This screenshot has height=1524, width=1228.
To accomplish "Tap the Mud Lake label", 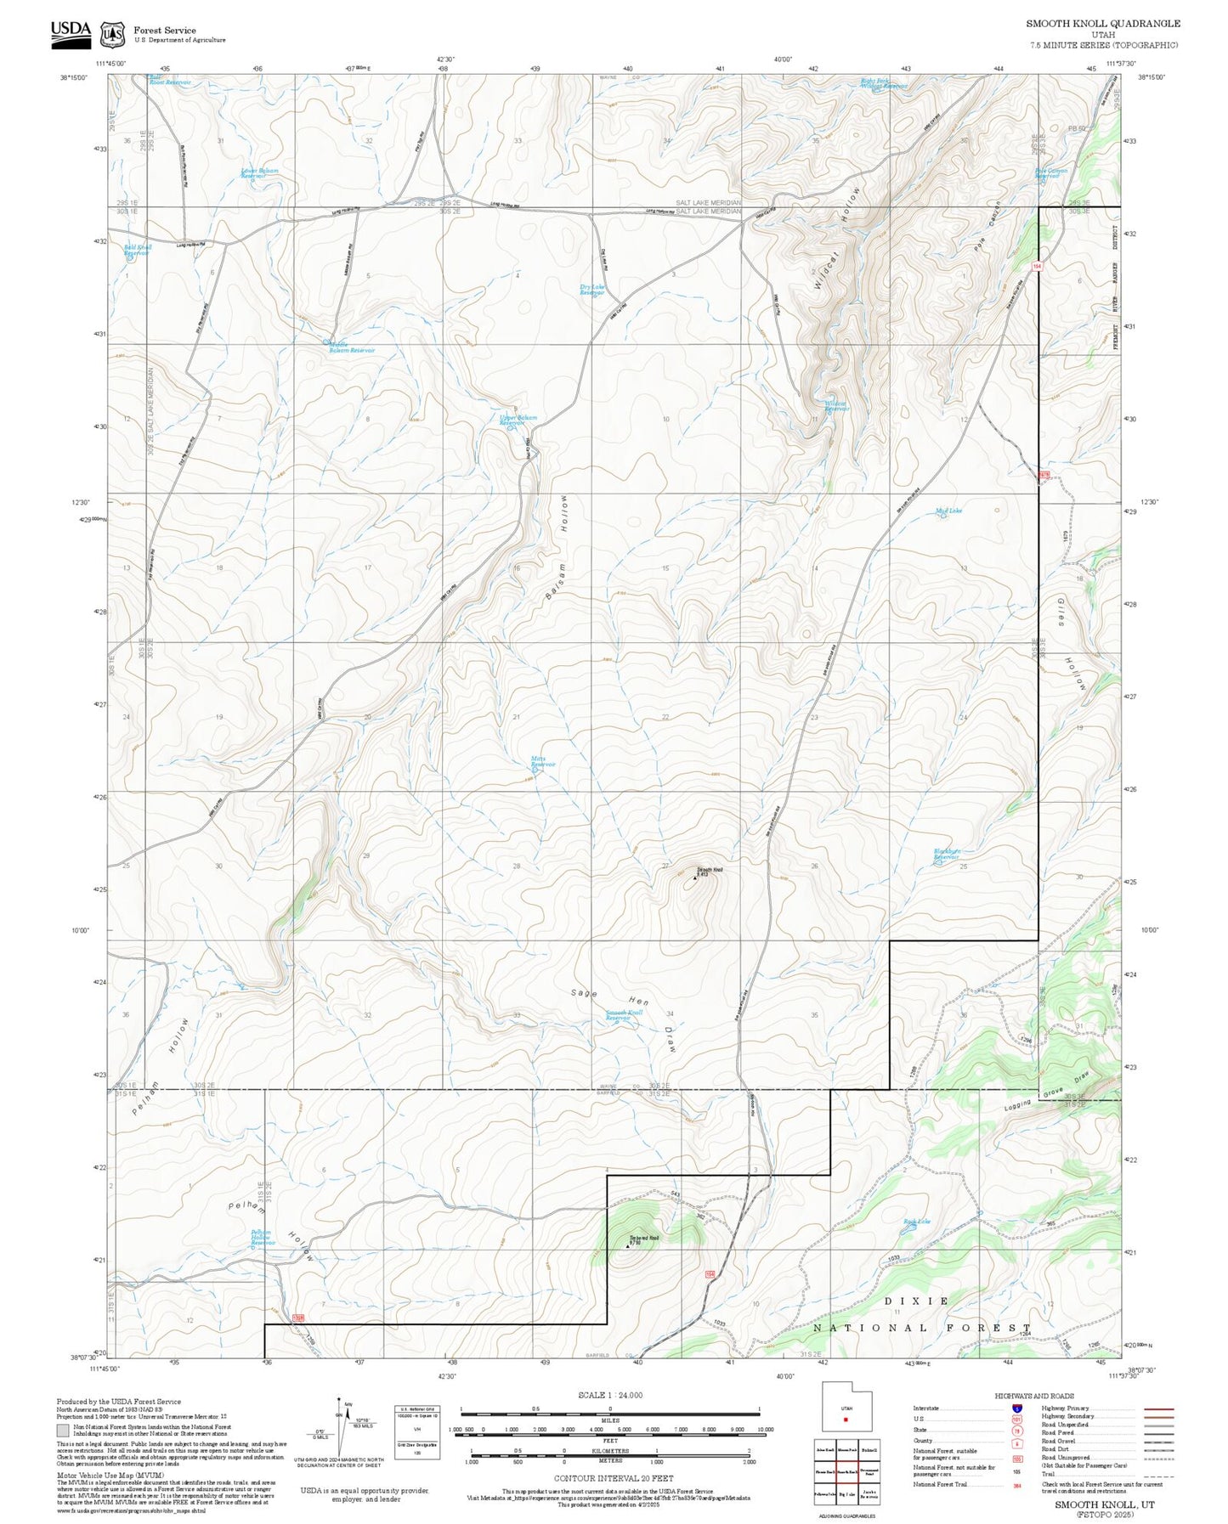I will point(948,511).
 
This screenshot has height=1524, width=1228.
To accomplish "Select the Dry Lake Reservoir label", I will point(592,290).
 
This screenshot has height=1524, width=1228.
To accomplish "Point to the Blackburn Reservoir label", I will point(947,854).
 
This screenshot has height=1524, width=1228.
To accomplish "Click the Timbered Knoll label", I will point(643,1238).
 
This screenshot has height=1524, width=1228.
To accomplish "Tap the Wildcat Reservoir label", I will point(836,406).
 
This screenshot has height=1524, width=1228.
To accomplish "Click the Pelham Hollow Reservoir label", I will point(261,1238).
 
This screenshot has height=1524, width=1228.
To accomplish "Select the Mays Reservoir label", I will point(543,761).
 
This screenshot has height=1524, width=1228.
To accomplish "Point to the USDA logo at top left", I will point(71,31).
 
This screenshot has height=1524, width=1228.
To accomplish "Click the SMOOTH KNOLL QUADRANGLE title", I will point(1102,24).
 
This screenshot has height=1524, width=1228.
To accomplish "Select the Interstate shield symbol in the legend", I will point(1016,1408).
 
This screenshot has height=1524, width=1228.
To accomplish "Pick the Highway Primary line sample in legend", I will point(1158,1408).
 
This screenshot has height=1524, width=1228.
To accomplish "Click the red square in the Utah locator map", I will point(846,1419).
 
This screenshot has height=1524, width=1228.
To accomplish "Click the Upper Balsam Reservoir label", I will point(518,420).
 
